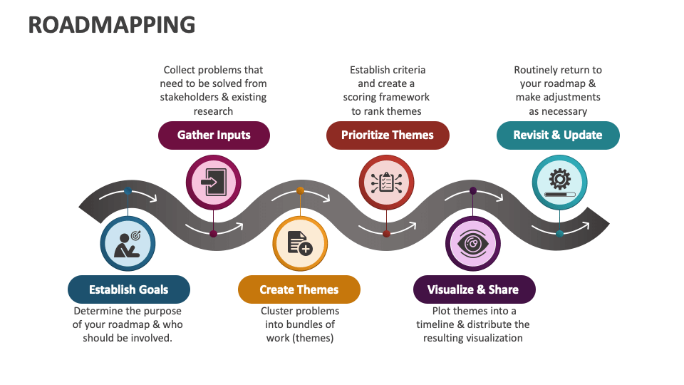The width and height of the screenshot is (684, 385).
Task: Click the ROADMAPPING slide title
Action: click(111, 25)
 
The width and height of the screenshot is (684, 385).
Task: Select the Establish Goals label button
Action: click(129, 289)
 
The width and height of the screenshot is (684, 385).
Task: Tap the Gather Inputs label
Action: click(214, 135)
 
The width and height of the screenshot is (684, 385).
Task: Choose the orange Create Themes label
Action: click(299, 289)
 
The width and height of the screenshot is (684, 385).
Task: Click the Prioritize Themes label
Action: click(387, 135)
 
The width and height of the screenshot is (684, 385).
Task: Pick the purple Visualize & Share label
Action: click(473, 289)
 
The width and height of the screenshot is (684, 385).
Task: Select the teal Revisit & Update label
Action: click(558, 135)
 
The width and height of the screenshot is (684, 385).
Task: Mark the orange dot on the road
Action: click(300, 190)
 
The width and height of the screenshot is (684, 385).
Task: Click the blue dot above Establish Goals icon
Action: click(128, 191)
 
